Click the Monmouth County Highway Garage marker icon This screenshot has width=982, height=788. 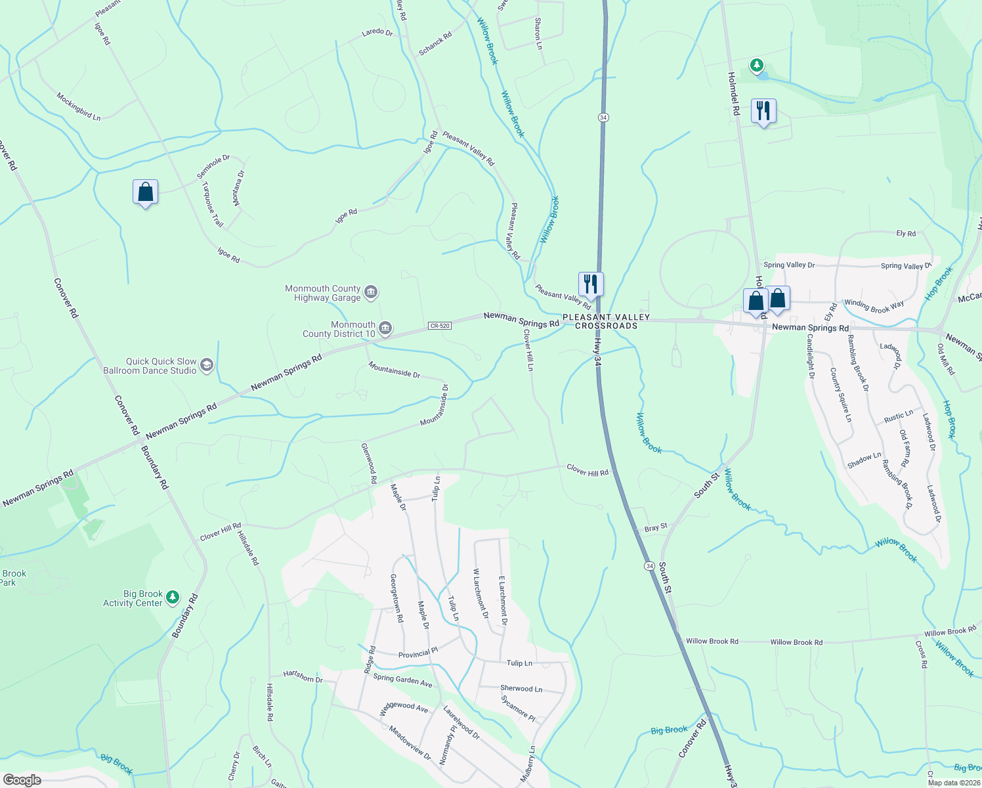click(371, 292)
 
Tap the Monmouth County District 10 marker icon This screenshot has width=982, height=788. click(385, 328)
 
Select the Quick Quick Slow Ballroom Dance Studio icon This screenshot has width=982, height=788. click(207, 365)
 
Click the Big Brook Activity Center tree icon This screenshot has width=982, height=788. click(173, 597)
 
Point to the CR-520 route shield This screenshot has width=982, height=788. click(440, 326)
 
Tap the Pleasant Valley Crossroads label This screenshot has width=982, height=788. click(606, 322)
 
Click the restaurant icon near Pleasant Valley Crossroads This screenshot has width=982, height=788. click(591, 284)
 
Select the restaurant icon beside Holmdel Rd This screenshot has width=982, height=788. click(763, 111)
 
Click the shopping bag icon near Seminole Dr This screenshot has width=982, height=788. click(145, 192)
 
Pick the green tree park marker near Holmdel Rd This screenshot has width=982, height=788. click(757, 65)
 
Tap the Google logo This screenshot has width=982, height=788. click(22, 780)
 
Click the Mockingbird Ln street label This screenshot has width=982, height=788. click(78, 106)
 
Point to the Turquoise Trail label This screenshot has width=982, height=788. click(213, 204)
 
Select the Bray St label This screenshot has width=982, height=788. click(656, 527)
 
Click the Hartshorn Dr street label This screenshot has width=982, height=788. click(303, 676)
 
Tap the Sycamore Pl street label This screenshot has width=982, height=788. click(519, 709)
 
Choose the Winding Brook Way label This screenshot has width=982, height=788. click(874, 305)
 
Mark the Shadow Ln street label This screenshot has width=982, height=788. click(864, 460)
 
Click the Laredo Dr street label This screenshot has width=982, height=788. click(377, 32)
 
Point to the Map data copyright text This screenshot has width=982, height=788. click(953, 783)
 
